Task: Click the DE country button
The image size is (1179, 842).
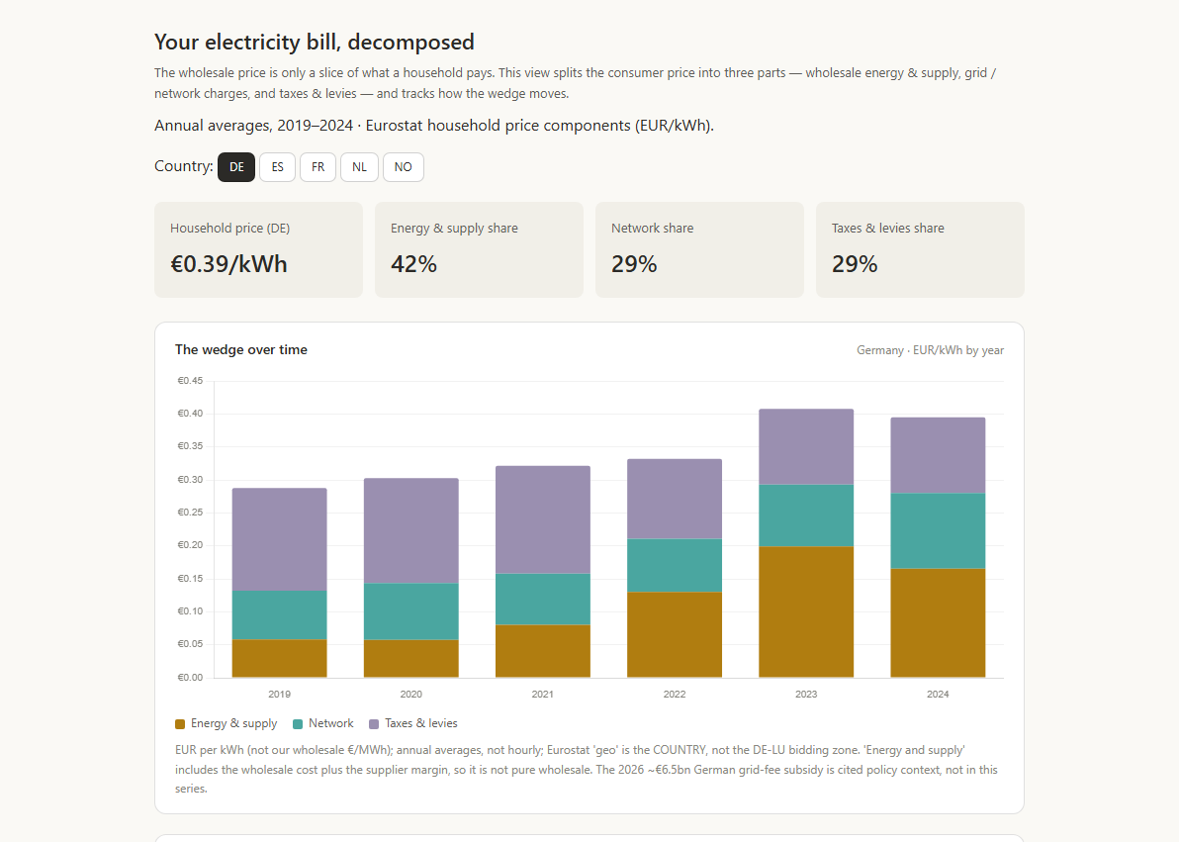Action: [236, 167]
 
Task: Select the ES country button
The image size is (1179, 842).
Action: [278, 167]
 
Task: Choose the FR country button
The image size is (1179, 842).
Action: [318, 167]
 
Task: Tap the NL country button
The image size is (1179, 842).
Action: [359, 167]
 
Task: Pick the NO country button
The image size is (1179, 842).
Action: [403, 167]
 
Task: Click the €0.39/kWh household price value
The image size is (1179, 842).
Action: [228, 264]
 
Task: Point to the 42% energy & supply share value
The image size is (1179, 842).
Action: [413, 264]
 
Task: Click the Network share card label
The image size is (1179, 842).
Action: [652, 228]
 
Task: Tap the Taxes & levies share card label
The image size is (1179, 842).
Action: [888, 228]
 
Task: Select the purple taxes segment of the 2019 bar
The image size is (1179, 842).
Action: [280, 539]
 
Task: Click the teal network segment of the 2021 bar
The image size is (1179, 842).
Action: [543, 599]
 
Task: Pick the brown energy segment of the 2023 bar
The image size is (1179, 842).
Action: [806, 611]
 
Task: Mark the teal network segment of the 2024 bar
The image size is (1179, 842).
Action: [938, 530]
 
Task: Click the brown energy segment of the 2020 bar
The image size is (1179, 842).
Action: [411, 658]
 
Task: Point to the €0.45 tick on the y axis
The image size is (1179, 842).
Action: [190, 381]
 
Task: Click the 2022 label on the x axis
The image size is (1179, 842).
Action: [675, 694]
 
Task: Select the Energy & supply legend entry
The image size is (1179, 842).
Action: [227, 723]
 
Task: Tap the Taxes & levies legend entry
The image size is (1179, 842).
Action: [412, 723]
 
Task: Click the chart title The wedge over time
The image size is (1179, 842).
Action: [241, 350]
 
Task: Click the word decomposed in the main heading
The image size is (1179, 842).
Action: [410, 43]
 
